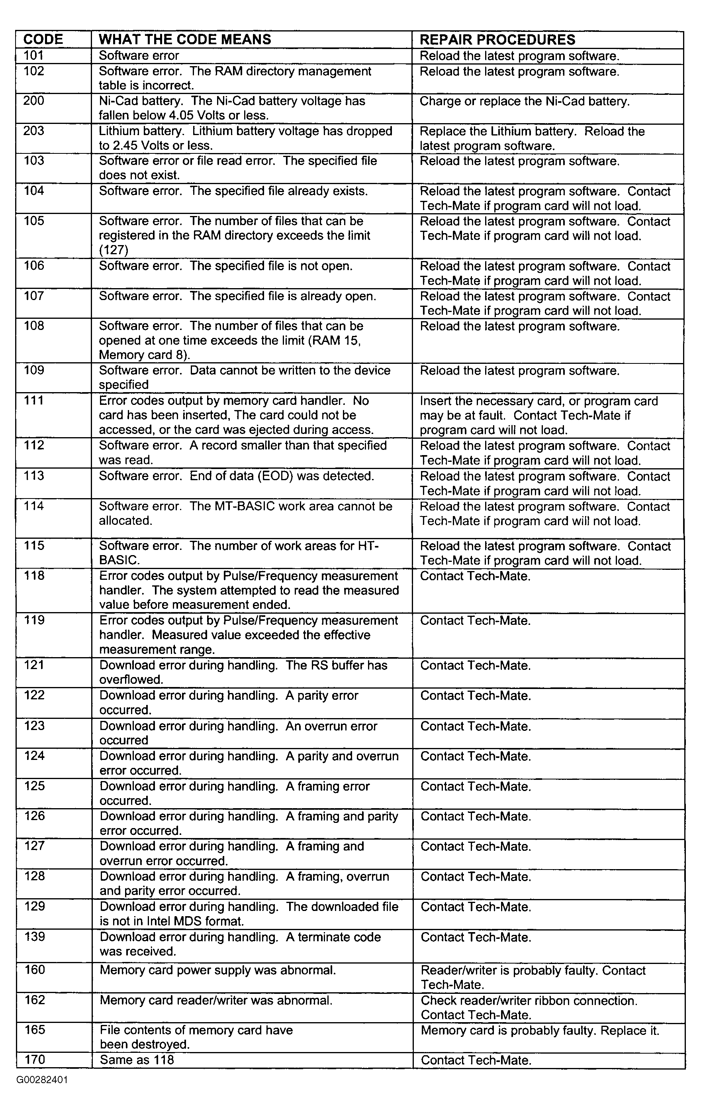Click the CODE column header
point(43,39)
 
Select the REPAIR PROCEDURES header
point(497,39)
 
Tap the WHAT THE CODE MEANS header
point(185,39)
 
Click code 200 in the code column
point(34,101)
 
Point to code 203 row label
point(34,131)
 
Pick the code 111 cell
point(34,400)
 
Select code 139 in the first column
point(34,937)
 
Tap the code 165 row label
point(35,1030)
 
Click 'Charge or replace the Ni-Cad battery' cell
point(525,101)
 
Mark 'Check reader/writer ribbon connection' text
point(529,1001)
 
